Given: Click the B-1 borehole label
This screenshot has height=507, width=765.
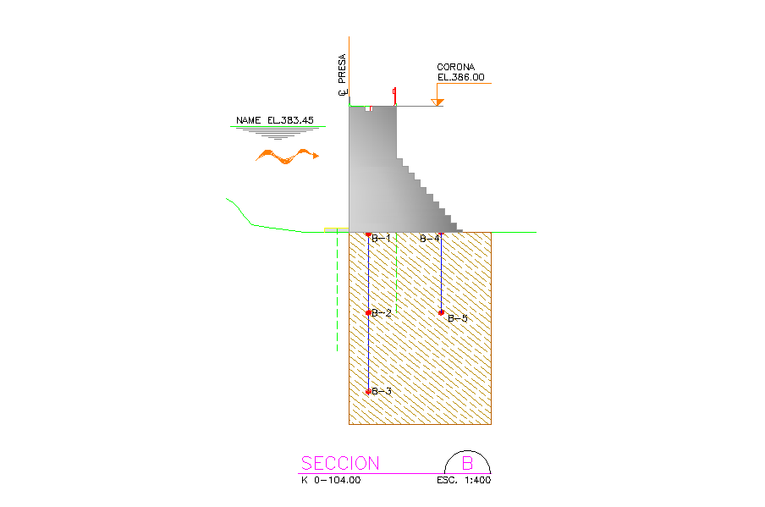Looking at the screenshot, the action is (x=381, y=239).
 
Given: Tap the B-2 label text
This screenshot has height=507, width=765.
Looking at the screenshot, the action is (x=382, y=313).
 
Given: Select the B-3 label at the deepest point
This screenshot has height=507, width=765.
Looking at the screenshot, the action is (x=382, y=391).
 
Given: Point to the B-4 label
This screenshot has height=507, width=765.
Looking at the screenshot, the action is (x=429, y=239).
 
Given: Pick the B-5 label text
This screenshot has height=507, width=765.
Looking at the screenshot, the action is (x=458, y=318).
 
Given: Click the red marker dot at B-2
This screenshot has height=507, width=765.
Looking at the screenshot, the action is (x=368, y=313).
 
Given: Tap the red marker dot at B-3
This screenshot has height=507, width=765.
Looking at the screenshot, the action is (x=368, y=391).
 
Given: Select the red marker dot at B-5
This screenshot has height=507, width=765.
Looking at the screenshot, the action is (x=441, y=312).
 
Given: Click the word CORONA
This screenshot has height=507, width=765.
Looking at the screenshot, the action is (x=455, y=67).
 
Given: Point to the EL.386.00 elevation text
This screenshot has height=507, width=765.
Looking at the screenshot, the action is (x=461, y=77).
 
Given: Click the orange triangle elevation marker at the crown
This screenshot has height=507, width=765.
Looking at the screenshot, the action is (x=438, y=102).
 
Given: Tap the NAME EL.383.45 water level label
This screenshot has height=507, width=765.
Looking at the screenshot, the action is (x=275, y=120).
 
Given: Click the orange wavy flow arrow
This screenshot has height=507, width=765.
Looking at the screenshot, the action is (x=288, y=156).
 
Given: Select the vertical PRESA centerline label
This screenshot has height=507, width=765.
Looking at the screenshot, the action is (x=342, y=74).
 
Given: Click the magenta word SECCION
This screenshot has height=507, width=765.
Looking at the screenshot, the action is (x=340, y=463).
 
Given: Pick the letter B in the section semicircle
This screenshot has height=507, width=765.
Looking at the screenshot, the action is (x=467, y=463).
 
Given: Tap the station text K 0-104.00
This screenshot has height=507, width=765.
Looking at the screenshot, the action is (x=331, y=480).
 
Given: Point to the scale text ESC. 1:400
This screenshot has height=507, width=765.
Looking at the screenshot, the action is (x=464, y=480).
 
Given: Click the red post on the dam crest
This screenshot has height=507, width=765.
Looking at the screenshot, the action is (x=394, y=96).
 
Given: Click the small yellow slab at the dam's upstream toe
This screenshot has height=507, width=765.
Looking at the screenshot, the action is (x=337, y=230).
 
